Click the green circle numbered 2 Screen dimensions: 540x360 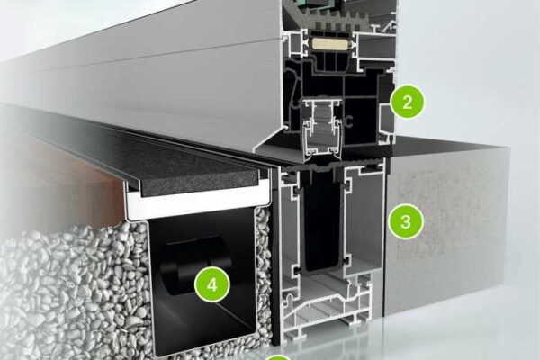click(408, 103)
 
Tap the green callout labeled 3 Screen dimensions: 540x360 click(406, 221)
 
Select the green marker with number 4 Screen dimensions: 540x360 click(212, 285)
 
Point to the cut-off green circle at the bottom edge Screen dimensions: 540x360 click(279, 357)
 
